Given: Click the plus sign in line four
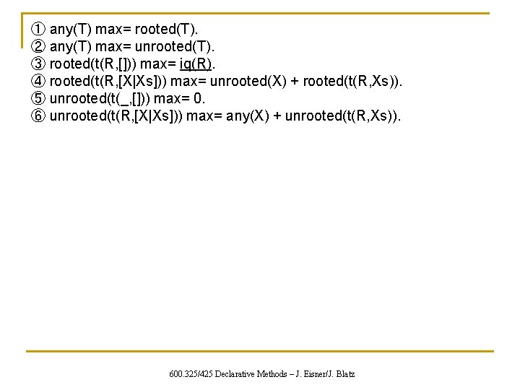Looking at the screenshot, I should pyautogui.click(x=295, y=82).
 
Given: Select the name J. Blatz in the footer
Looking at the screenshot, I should pyautogui.click(x=339, y=374).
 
